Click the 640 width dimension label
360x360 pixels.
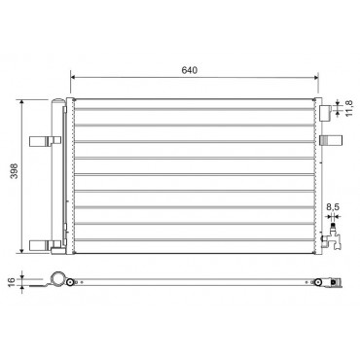pos(189,70)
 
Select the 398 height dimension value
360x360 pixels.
pos(14,171)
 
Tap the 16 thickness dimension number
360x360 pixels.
pos(12,281)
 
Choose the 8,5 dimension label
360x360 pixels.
pos(333,206)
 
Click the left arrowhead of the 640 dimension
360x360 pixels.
pos(73,77)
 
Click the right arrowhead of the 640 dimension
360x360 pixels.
pos(315,77)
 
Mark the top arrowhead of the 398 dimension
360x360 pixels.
pos(21,102)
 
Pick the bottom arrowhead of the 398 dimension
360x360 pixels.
pos(21,250)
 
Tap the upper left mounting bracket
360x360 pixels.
pos(45,141)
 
